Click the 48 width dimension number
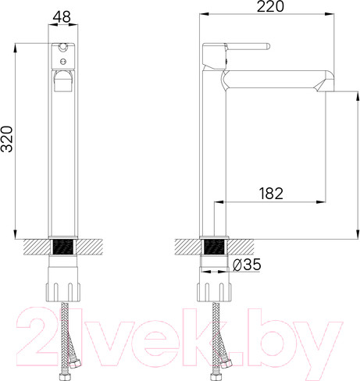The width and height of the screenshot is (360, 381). click(62, 15)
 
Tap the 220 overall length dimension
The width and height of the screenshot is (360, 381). click(270, 6)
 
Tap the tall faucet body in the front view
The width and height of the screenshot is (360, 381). click(62, 156)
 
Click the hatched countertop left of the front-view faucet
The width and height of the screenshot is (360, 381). click(34, 247)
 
